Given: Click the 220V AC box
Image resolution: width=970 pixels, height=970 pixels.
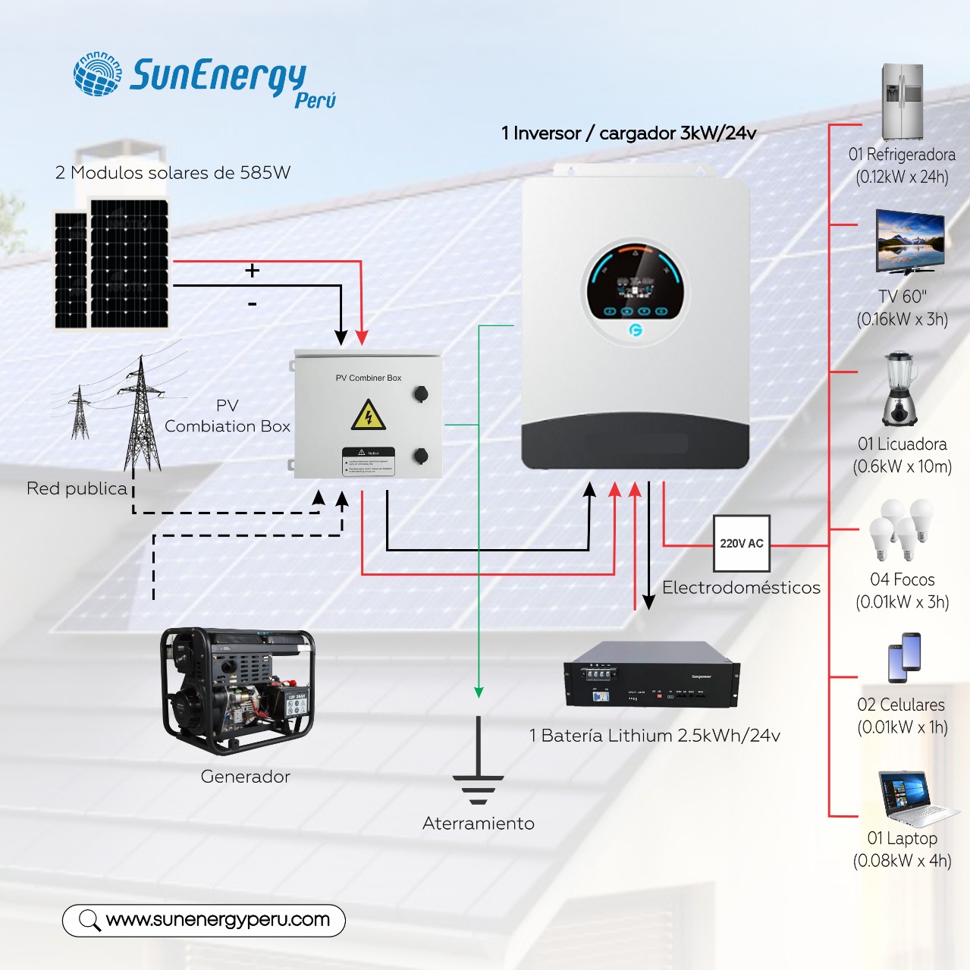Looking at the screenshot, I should (x=741, y=543).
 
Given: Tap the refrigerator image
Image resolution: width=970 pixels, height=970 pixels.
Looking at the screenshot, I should (x=902, y=102).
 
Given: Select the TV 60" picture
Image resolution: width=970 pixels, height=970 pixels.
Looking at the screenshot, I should (x=909, y=241).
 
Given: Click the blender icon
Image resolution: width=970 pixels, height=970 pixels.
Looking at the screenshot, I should (x=899, y=388).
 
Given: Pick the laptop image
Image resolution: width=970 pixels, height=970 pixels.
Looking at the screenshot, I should (x=914, y=799).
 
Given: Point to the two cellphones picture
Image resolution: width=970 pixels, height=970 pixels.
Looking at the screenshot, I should (x=904, y=657).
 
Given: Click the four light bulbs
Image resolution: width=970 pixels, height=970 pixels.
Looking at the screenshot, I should (x=901, y=529).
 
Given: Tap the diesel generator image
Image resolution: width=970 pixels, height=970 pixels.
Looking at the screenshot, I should (x=237, y=690).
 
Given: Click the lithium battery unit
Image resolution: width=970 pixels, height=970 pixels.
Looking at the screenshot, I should (x=651, y=674).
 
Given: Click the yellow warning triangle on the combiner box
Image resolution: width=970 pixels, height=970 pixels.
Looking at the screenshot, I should (x=369, y=416).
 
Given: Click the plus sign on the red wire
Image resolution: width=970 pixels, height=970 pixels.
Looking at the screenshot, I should (x=253, y=270).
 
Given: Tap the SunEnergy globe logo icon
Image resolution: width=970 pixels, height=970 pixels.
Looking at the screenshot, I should (x=98, y=74).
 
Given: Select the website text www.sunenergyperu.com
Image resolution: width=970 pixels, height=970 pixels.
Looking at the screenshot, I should (x=218, y=920).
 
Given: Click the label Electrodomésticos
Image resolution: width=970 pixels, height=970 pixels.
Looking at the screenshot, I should (x=741, y=588).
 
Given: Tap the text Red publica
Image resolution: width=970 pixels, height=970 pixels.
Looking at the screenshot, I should (x=77, y=488).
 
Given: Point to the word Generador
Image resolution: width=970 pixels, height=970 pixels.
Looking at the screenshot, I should (x=245, y=777).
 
